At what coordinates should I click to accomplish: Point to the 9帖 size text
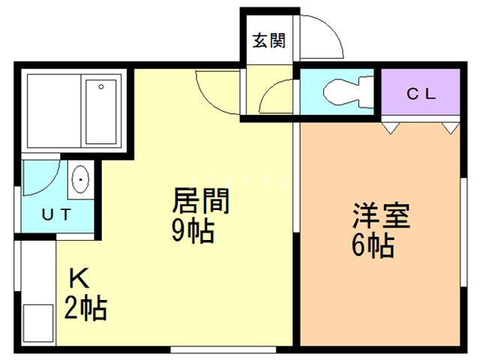click(x=193, y=231)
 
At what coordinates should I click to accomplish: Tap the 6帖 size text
click(x=373, y=245)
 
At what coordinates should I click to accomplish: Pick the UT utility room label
click(x=56, y=216)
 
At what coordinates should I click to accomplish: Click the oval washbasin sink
click(x=80, y=181)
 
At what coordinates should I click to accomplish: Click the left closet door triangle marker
click(x=390, y=128)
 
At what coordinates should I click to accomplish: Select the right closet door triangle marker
click(x=449, y=128)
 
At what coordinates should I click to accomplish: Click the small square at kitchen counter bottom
click(x=37, y=323)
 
